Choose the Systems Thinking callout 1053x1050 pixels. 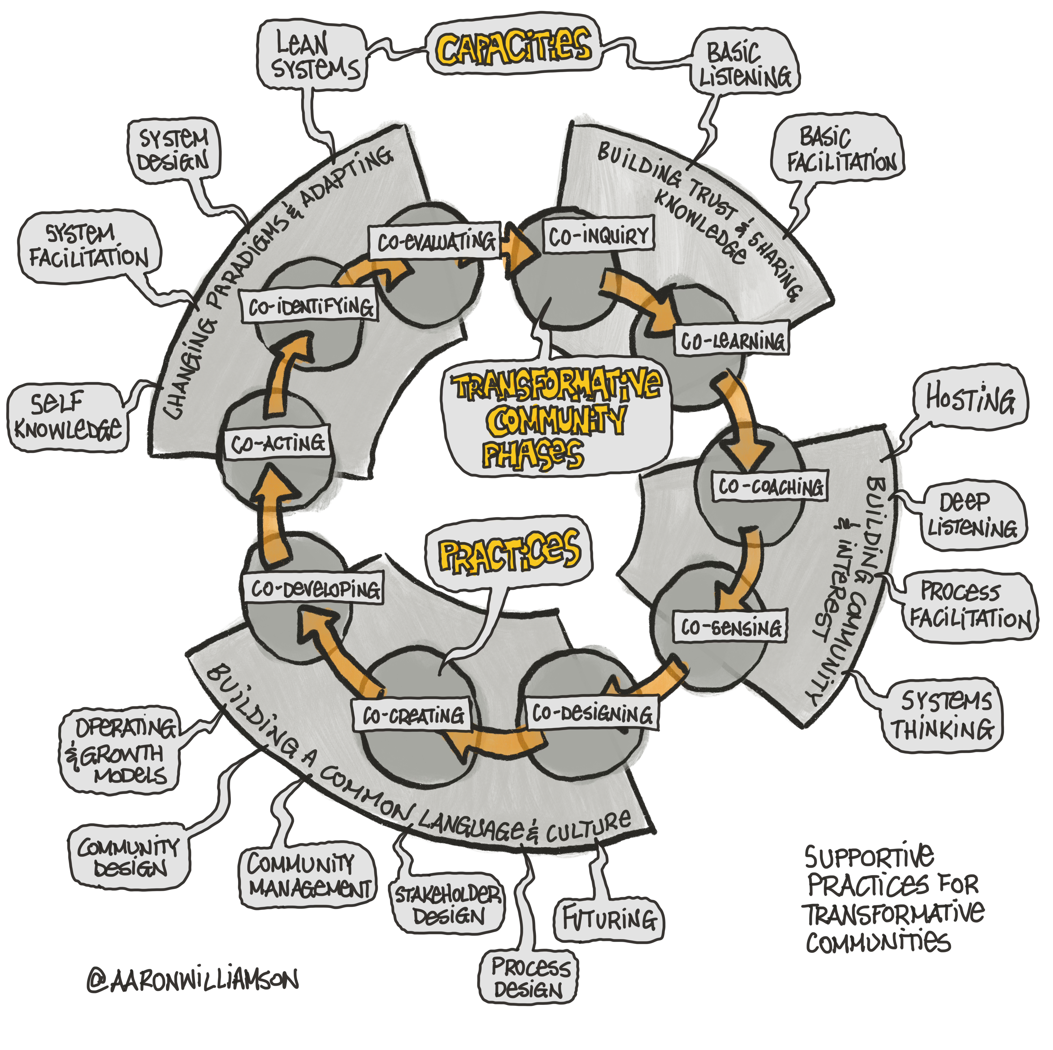[x=941, y=715]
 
